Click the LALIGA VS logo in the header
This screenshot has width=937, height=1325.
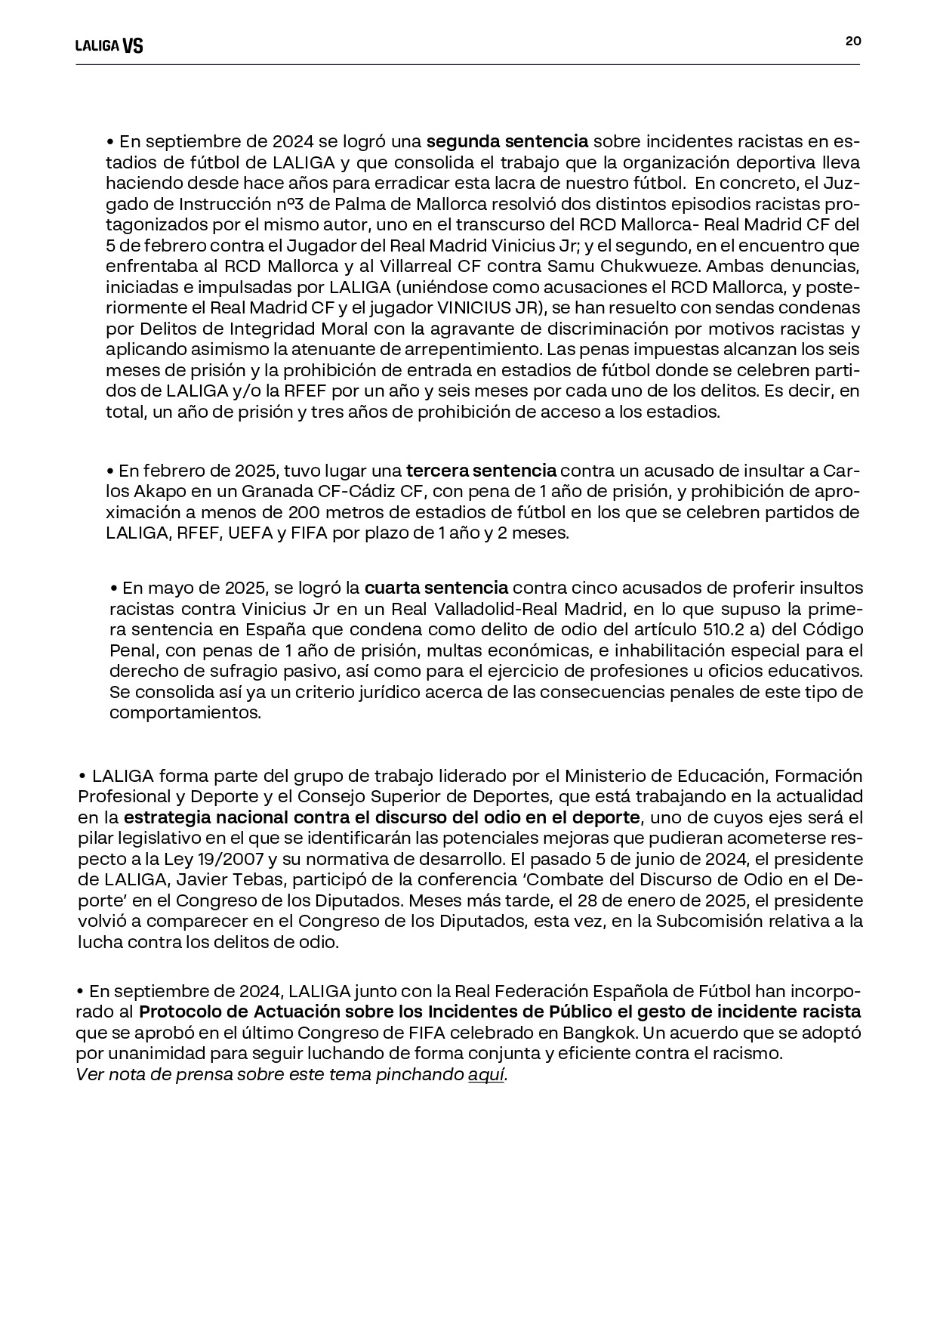coord(109,46)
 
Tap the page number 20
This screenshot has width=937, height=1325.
coord(852,42)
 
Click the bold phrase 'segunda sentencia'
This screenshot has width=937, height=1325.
coord(507,141)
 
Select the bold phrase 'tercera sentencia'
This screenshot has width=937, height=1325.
coord(481,471)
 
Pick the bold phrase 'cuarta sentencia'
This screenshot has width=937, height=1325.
coord(436,588)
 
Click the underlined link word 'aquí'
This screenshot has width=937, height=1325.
coord(486,1075)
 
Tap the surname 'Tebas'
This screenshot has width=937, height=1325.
coord(260,879)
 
